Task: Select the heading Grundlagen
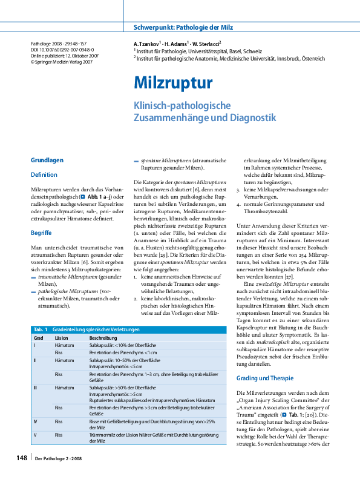(47, 160)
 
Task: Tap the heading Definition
(44, 174)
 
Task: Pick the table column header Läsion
(61, 337)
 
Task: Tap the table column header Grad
(38, 337)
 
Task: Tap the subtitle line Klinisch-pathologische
(182, 105)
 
